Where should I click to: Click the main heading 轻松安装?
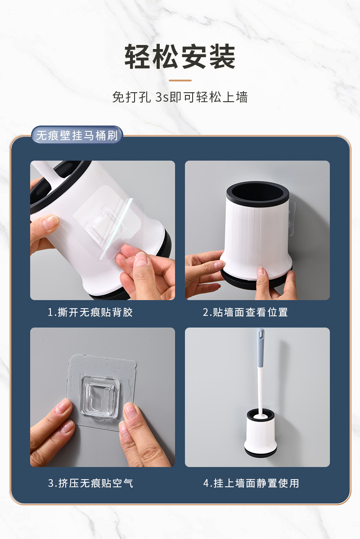[180, 57]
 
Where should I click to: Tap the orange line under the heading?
[180, 81]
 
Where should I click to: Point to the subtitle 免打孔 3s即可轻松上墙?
[180, 97]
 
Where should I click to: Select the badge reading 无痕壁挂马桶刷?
[77, 135]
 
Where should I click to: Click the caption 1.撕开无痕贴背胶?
[90, 312]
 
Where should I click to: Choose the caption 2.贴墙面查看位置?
[245, 312]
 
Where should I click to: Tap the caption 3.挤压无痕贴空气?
[90, 483]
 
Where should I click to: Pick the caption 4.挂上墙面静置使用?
[251, 483]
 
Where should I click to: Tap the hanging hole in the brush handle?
[261, 333]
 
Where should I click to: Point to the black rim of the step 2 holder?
[257, 194]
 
